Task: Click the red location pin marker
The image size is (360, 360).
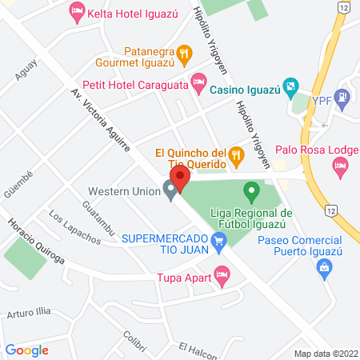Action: pyautogui.click(x=179, y=179)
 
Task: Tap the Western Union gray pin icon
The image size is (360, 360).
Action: pyautogui.click(x=170, y=191)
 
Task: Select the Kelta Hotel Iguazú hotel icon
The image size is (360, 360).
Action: pyautogui.click(x=78, y=11)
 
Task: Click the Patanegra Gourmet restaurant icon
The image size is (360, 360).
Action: pyautogui.click(x=184, y=54)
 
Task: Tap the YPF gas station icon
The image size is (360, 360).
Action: pyautogui.click(x=343, y=101)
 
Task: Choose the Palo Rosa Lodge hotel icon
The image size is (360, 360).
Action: pyautogui.click(x=341, y=167)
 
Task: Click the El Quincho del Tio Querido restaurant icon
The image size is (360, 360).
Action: pyautogui.click(x=236, y=154)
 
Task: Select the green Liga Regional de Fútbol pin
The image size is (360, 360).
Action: pyautogui.click(x=251, y=192)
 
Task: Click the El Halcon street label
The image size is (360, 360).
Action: pyautogui.click(x=197, y=350)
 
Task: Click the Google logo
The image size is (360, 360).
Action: pyautogui.click(x=26, y=350)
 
